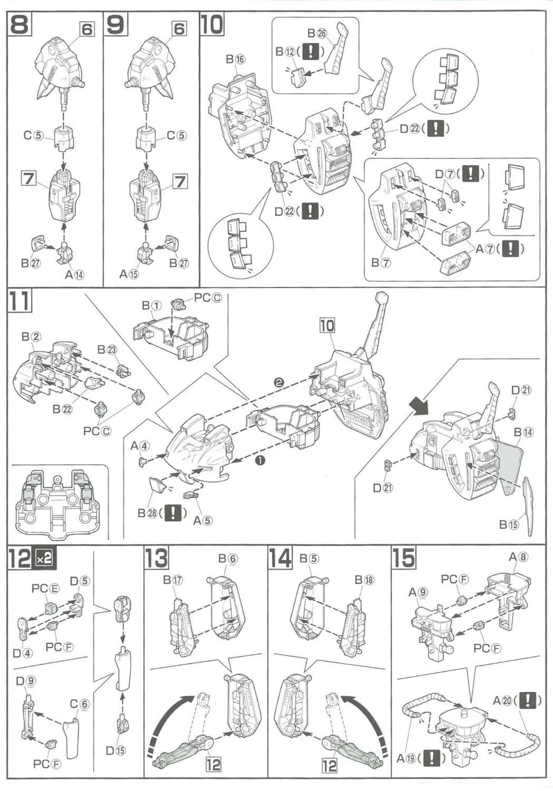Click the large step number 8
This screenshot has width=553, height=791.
pyautogui.click(x=20, y=25)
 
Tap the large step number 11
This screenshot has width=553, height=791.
pyautogui.click(x=20, y=301)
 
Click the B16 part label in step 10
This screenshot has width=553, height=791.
pyautogui.click(x=236, y=59)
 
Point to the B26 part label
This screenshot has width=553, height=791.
pyautogui.click(x=317, y=33)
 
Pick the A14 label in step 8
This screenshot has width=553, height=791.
pyautogui.click(x=74, y=274)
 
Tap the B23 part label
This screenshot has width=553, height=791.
pyautogui.click(x=108, y=350)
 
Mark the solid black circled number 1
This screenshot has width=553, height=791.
pyautogui.click(x=259, y=460)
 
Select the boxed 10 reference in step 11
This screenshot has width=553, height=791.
pyautogui.click(x=327, y=325)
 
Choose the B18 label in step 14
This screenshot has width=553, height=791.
pyautogui.click(x=364, y=580)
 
